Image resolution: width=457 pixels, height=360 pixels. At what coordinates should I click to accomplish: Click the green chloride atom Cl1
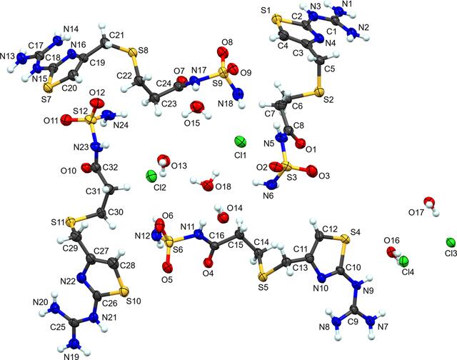[x=241, y=142]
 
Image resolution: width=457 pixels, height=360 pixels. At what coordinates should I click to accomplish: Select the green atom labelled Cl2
[x=151, y=176]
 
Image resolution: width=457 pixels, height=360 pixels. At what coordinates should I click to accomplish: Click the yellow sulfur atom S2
[x=320, y=91]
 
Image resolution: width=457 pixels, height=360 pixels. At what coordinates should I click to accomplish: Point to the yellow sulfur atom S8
[x=132, y=53]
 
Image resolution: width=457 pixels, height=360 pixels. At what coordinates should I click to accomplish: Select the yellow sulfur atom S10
[x=124, y=291]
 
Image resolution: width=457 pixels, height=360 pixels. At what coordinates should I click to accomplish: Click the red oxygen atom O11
[x=66, y=119]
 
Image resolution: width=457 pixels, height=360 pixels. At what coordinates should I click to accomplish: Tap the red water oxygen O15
[x=196, y=106]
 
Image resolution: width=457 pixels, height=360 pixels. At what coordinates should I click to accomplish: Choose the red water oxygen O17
[x=428, y=202]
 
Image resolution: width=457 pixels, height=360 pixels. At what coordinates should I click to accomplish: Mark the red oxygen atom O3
[x=311, y=171]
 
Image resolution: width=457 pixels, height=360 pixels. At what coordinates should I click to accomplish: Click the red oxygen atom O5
[x=167, y=266]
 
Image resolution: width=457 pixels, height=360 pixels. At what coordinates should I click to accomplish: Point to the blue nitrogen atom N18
[x=238, y=94]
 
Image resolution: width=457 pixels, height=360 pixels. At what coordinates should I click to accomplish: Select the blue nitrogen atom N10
[x=322, y=276]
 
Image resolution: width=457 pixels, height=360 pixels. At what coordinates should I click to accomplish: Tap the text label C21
[x=116, y=35]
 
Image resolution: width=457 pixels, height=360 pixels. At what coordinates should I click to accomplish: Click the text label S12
[x=80, y=111]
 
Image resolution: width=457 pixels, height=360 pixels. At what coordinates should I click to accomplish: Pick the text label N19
[x=71, y=356]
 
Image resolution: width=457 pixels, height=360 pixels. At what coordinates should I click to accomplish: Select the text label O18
[x=223, y=186]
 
